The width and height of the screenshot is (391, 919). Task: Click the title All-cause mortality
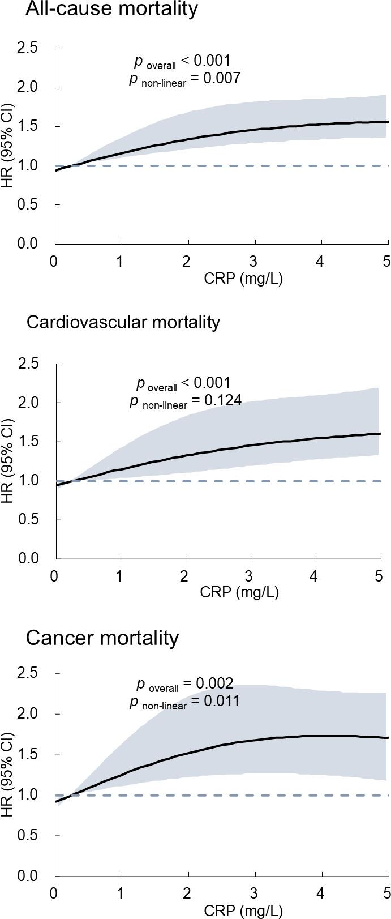(x=112, y=9)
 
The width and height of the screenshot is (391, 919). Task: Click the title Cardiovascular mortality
(x=123, y=323)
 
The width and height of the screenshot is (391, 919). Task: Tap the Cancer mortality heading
(x=102, y=638)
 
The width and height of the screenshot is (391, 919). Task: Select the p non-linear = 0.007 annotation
(x=185, y=79)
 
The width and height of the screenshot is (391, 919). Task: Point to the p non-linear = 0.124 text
(x=186, y=401)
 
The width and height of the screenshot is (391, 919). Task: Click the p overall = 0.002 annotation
(x=185, y=683)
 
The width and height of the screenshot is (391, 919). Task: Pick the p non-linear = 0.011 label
(x=184, y=701)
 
